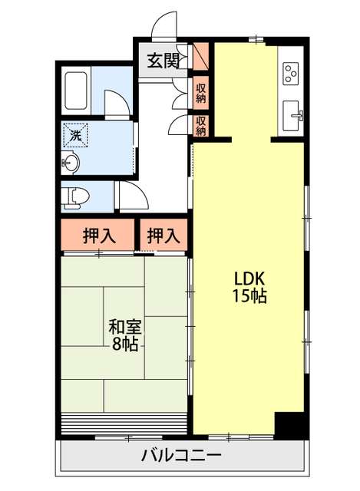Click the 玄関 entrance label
(x=163, y=61)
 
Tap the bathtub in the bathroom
(x=75, y=91)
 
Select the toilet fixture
(x=75, y=198)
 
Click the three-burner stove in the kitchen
(x=290, y=74)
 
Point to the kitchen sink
(x=292, y=116)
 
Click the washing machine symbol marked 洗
(x=75, y=135)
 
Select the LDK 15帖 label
(x=249, y=287)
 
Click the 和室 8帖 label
(x=125, y=335)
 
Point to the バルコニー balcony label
(x=181, y=455)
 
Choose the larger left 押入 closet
(x=97, y=235)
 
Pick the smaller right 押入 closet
(x=163, y=235)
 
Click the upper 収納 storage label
(x=201, y=93)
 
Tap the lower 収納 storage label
(x=201, y=126)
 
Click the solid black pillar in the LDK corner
(x=289, y=423)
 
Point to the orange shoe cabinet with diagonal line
(x=200, y=56)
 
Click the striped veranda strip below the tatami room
(x=124, y=423)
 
